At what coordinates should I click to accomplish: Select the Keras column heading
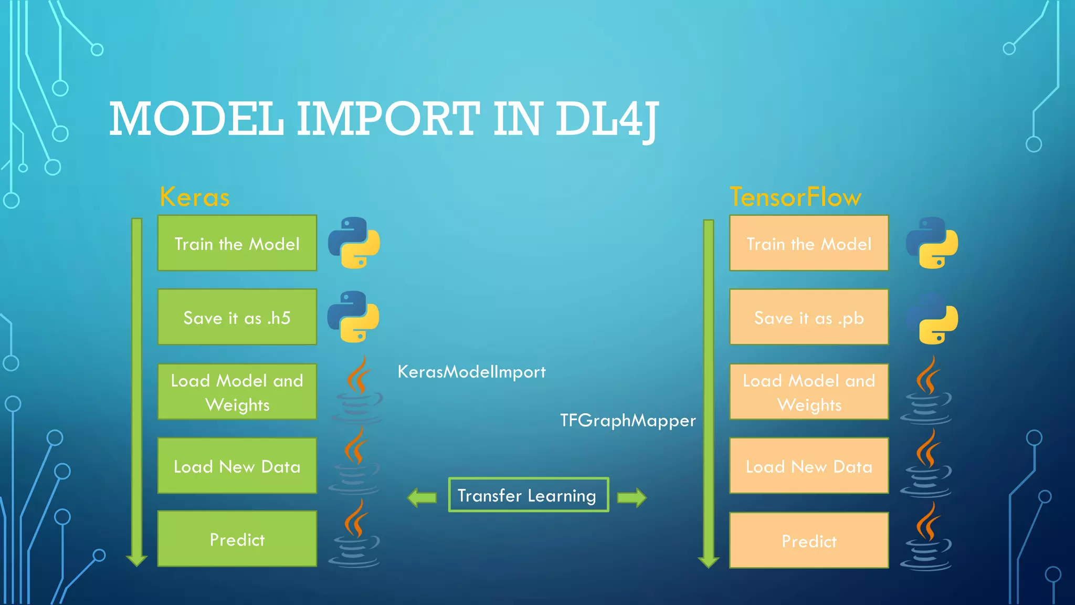click(x=195, y=197)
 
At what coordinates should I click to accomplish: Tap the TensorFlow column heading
click(x=795, y=197)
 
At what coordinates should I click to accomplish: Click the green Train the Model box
click(x=237, y=243)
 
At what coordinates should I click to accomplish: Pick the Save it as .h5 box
click(x=237, y=317)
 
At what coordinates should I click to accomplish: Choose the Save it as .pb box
click(x=809, y=317)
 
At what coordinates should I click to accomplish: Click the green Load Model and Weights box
click(x=237, y=392)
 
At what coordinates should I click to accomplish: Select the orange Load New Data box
click(x=809, y=466)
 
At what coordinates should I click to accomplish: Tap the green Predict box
click(x=237, y=539)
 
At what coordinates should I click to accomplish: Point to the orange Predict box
click(x=809, y=540)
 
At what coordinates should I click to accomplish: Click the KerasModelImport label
click(x=471, y=372)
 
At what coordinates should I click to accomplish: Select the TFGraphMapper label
click(x=628, y=421)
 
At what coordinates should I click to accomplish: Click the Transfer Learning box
click(x=528, y=495)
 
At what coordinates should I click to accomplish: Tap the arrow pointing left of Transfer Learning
click(x=422, y=497)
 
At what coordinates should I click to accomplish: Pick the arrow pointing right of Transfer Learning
click(x=631, y=497)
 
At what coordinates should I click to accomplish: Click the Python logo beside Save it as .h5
click(x=353, y=317)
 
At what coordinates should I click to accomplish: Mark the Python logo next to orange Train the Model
click(x=932, y=243)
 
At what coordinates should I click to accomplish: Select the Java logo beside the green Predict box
click(x=355, y=535)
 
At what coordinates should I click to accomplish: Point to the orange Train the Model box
click(x=809, y=243)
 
